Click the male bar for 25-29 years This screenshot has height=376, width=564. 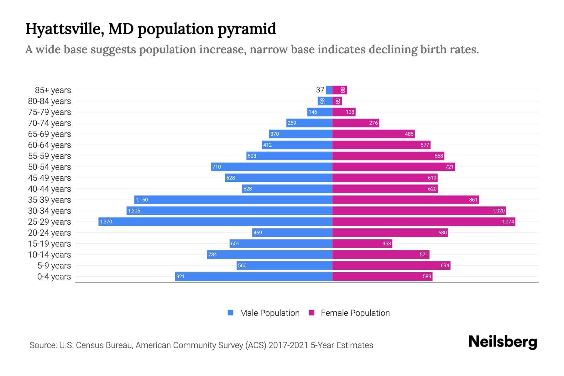(x=215, y=222)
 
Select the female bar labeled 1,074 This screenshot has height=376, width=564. (x=424, y=222)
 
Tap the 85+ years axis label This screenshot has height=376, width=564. (x=53, y=90)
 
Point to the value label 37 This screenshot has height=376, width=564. (x=320, y=90)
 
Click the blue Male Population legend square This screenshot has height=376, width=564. (x=231, y=313)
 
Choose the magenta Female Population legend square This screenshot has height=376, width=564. (x=311, y=313)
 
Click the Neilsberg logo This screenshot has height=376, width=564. (x=503, y=342)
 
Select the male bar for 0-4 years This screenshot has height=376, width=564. (x=253, y=276)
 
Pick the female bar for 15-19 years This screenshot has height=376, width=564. (x=362, y=243)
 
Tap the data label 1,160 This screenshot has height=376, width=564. (x=142, y=200)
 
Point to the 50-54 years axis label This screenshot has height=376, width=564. (x=50, y=167)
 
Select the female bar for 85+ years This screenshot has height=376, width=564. (x=339, y=90)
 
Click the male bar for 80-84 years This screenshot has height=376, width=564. (x=325, y=101)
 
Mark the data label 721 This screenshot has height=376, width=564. (x=449, y=167)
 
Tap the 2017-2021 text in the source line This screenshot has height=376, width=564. (x=288, y=345)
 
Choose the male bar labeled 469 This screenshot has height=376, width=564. (x=292, y=232)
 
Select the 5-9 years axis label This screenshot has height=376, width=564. (x=54, y=266)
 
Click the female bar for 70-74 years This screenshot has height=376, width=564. (x=355, y=123)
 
